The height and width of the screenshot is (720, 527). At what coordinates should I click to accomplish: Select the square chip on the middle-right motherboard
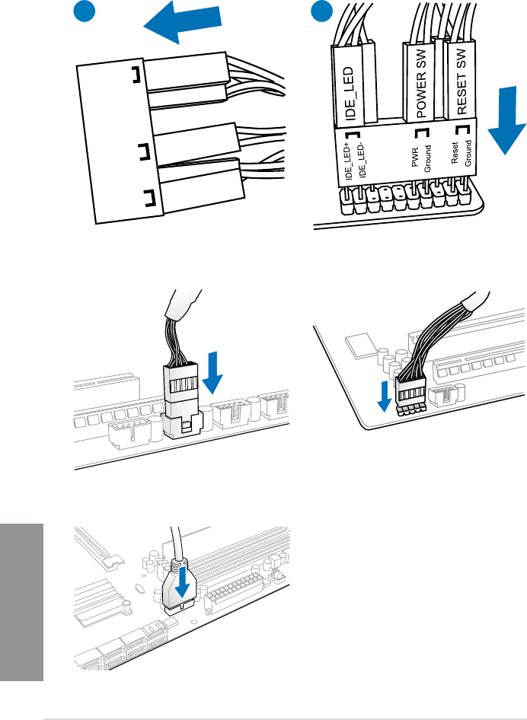point(359,343)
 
